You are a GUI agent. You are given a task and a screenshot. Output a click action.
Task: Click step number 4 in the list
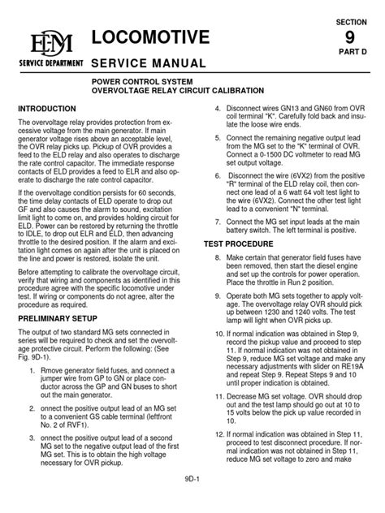[207, 109]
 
